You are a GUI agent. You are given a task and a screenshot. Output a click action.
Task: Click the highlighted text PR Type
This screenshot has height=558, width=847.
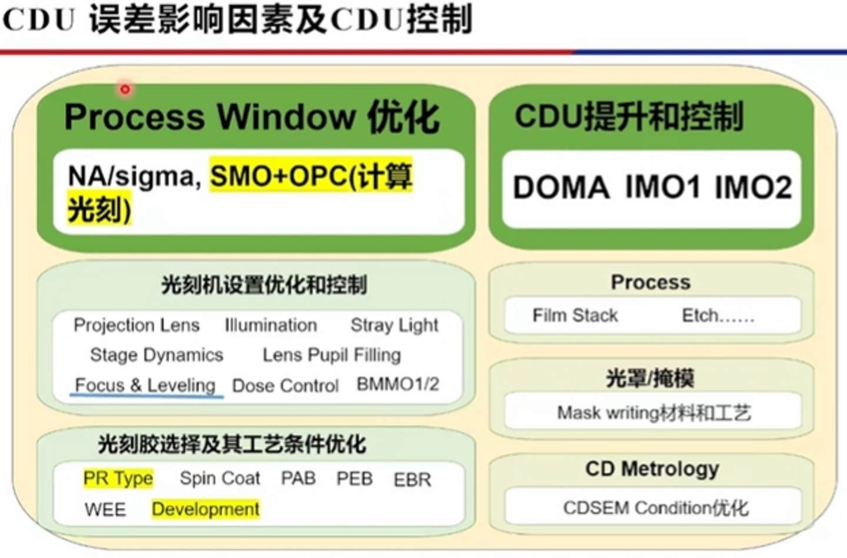(x=118, y=479)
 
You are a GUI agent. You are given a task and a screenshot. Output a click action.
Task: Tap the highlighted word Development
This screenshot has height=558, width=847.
(x=205, y=509)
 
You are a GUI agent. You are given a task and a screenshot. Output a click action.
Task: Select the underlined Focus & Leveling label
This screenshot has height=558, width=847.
(x=145, y=386)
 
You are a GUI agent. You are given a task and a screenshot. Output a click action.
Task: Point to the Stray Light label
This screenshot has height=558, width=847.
(x=394, y=325)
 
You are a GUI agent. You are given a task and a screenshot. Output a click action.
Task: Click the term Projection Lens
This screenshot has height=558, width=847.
(x=136, y=325)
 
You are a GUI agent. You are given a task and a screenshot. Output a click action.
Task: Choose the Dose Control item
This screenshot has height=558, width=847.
(x=285, y=386)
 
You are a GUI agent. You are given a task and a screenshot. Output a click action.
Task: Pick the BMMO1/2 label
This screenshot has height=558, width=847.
(x=398, y=385)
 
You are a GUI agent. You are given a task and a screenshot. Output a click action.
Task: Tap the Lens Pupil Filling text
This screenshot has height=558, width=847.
(x=332, y=355)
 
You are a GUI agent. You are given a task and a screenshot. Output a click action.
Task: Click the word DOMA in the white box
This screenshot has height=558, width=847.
(x=561, y=188)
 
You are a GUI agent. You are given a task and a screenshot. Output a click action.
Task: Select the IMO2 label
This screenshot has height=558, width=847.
(x=753, y=188)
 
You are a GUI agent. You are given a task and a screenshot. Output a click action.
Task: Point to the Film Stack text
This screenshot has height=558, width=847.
(x=575, y=316)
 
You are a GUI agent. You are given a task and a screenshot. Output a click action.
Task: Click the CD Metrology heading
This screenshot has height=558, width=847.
(x=652, y=469)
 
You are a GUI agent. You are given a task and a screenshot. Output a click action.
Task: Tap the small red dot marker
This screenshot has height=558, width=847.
(x=125, y=89)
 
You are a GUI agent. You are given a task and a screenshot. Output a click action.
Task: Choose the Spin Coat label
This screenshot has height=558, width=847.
(x=220, y=479)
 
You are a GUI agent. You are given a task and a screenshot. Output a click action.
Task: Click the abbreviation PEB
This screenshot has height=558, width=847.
(x=354, y=479)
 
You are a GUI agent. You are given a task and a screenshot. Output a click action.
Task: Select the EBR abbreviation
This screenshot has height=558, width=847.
(x=412, y=480)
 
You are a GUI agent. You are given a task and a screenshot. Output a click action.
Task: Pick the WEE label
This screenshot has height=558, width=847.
(x=105, y=509)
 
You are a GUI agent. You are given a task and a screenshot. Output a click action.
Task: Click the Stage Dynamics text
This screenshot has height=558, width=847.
(x=156, y=355)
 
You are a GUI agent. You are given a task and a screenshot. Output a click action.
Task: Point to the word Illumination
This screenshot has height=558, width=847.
(x=271, y=325)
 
